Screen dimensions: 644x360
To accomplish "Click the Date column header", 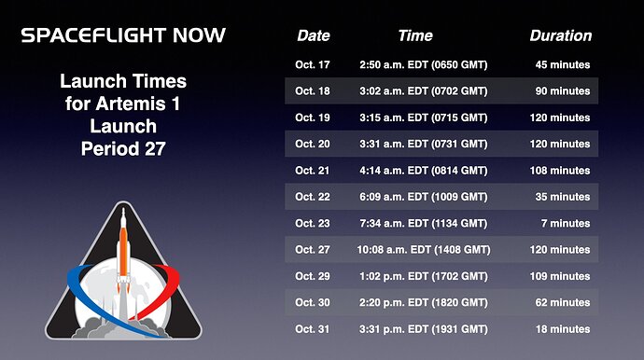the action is coord(314,35).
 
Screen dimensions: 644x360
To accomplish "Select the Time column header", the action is coord(415,35).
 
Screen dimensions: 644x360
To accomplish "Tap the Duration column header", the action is coord(561,35).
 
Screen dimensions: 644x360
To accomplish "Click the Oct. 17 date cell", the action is coord(312,64).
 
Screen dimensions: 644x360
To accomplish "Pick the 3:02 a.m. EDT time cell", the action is coord(424,91).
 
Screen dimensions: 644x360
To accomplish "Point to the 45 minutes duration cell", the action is coord(563,64).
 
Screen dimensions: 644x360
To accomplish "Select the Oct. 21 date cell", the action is coord(312,171).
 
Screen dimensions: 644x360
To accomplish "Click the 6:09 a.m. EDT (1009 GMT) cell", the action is coord(424,197).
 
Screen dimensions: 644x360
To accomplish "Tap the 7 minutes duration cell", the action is coord(566,223).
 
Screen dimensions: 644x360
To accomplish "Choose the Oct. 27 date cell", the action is coord(312,250).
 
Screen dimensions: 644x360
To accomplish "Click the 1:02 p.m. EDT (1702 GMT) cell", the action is coord(424,276).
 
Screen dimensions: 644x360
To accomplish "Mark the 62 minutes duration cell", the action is coord(563,302).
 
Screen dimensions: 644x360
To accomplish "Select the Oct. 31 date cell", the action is coord(312,329).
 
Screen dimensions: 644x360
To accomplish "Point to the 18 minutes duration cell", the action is coord(563,329).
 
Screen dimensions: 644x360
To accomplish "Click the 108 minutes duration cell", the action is coord(560,171).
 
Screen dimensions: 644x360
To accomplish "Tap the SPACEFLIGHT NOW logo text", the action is coord(123,35).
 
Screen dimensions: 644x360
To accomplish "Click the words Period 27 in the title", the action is coord(123,148).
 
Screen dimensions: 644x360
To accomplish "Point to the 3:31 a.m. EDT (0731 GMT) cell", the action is coord(424,144).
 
